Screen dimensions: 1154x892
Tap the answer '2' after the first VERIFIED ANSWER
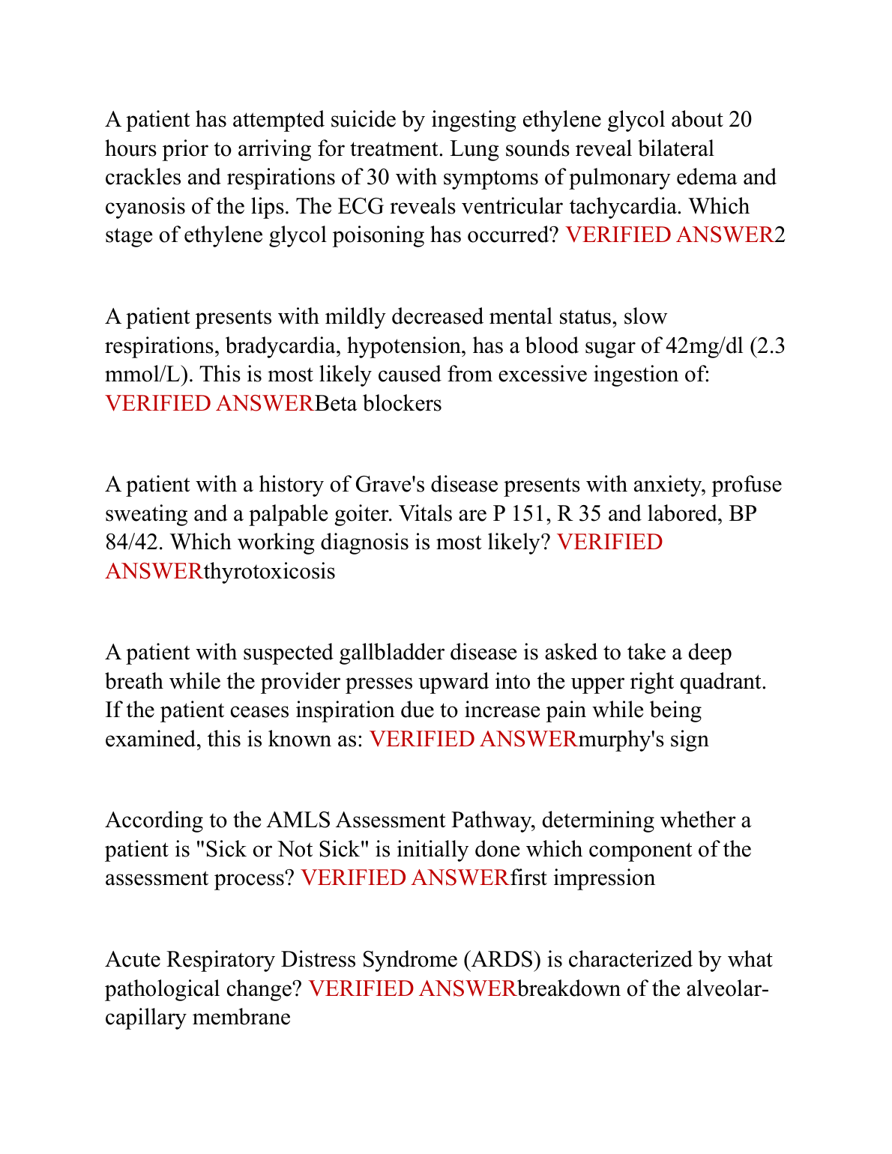(x=780, y=235)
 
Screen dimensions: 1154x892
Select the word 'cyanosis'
(x=136, y=207)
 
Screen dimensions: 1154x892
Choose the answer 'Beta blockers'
(x=379, y=404)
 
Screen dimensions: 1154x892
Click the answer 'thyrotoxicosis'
(x=270, y=572)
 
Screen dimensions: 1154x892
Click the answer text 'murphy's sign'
(x=644, y=740)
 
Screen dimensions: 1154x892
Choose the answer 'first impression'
(x=583, y=878)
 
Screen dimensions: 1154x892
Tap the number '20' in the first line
(x=740, y=120)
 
